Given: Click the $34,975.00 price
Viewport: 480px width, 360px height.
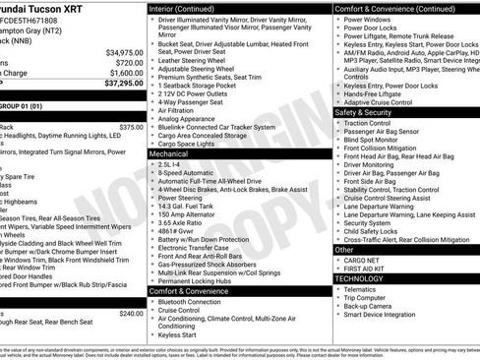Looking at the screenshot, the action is point(124,52).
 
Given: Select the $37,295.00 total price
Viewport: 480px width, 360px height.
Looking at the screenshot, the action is point(124,84).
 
